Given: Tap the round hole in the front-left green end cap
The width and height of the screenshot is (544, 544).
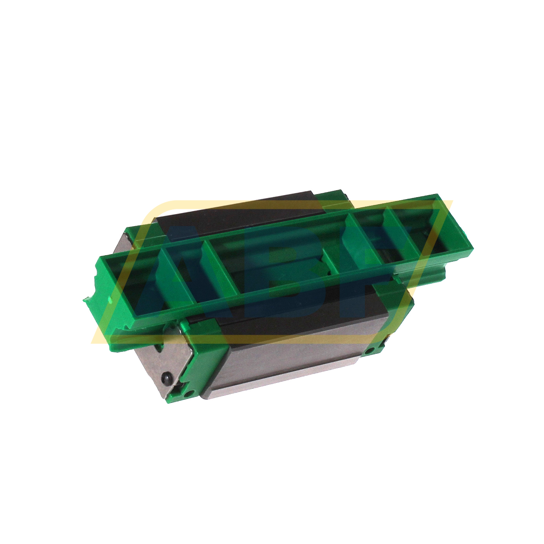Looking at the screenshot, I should click(190, 392).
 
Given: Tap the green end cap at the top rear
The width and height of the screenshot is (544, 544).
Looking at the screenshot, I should click(333, 198).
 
